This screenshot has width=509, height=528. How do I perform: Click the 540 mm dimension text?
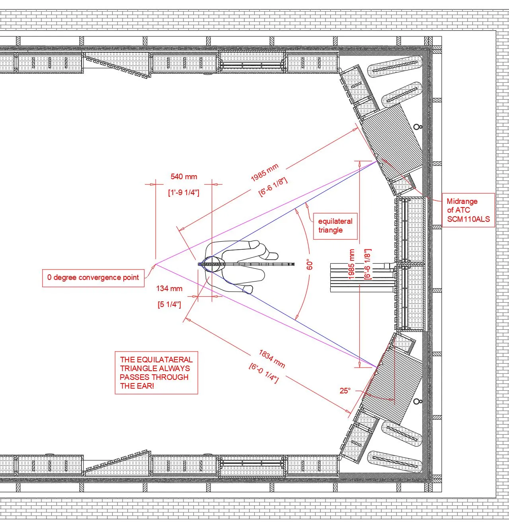coord(183,176)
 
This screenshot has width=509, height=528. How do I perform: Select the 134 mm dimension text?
coord(169,289)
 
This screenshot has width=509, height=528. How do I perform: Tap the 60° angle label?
coord(310,265)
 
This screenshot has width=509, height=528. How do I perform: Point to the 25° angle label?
coord(345,391)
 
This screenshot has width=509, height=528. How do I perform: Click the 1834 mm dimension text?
coord(272,358)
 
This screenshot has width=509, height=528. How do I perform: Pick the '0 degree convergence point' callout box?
coord(93,278)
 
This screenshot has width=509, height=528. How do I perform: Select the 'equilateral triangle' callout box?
coord(335,226)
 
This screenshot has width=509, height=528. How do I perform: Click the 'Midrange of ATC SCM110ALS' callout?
coord(468,210)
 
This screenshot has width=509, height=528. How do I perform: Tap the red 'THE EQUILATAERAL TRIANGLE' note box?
coord(156,373)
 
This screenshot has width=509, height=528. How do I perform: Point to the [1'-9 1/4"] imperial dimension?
coord(183,193)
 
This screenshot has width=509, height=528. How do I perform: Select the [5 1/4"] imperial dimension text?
coord(169,305)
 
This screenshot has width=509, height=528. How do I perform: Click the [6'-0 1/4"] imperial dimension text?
coord(263,373)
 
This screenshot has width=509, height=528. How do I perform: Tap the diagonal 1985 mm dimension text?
coord(265,172)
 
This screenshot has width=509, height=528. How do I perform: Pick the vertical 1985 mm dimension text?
coord(352,264)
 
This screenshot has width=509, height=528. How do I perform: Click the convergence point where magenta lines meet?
coord(156,264)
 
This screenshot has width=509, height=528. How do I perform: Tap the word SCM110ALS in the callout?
coord(468,219)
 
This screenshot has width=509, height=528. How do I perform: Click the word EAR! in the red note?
coord(137,386)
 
